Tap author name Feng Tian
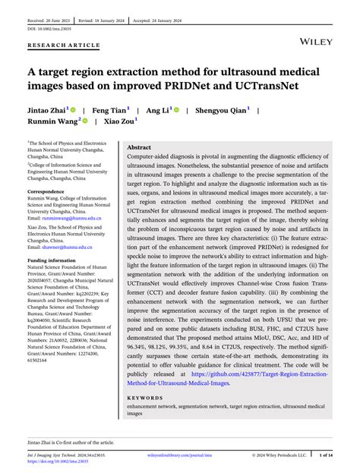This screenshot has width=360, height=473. tap(111, 110)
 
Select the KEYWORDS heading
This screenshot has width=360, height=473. tap(147, 397)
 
